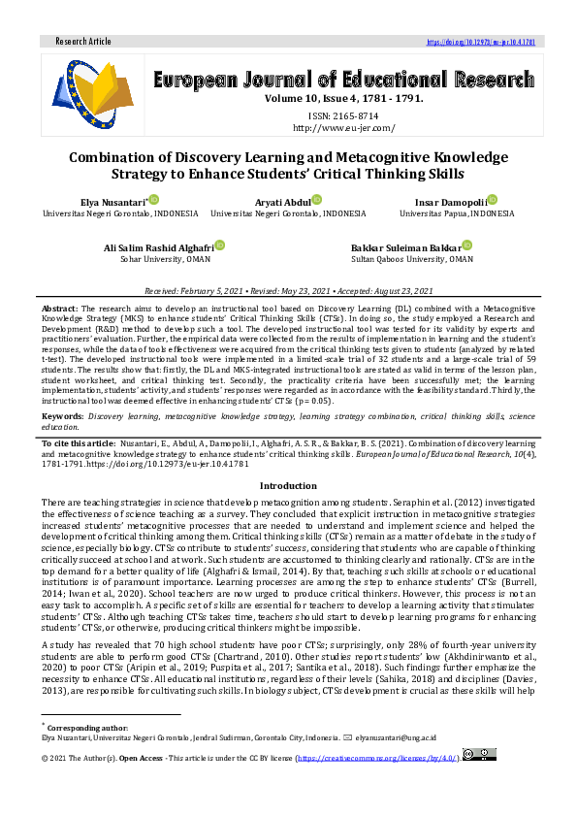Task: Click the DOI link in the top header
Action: point(481,43)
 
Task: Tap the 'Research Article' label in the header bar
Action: point(84,43)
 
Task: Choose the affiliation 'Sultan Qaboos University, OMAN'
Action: point(412,260)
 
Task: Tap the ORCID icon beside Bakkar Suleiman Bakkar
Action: point(467,246)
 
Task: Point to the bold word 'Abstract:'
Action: point(60,307)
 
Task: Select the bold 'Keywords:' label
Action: point(63,415)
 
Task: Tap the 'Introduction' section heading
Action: point(288,485)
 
